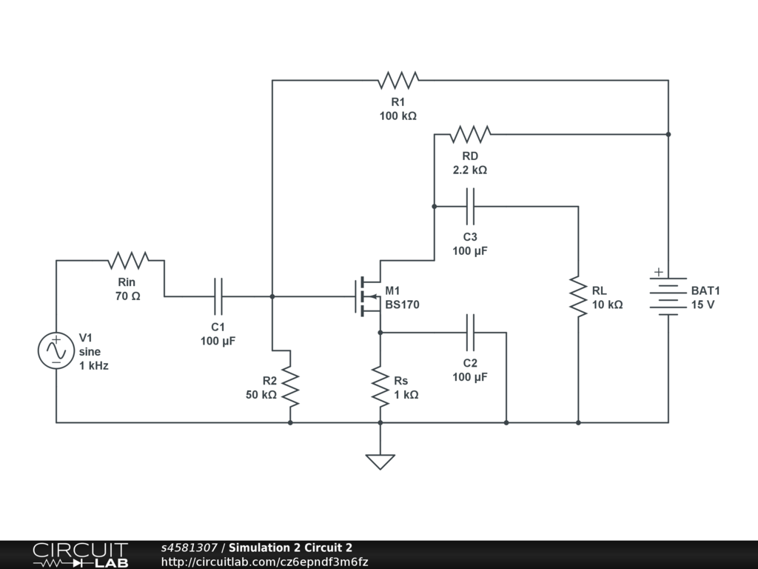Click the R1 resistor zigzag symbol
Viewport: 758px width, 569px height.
[398, 80]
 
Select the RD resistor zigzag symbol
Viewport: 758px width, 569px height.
[470, 134]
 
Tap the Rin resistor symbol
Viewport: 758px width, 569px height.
[128, 260]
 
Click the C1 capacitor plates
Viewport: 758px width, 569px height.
[218, 296]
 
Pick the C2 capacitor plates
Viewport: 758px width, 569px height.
[470, 333]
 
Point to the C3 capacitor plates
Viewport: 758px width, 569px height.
[470, 206]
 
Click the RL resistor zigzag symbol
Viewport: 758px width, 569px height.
[578, 296]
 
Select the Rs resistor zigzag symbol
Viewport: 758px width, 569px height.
[380, 387]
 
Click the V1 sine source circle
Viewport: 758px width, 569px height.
[56, 350]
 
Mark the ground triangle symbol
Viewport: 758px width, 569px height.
[380, 462]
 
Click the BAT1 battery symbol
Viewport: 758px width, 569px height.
[668, 296]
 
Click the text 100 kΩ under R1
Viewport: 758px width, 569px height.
[398, 116]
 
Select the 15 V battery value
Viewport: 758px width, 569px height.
[702, 305]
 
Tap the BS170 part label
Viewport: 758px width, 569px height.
[402, 305]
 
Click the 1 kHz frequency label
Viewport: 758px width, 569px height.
[94, 366]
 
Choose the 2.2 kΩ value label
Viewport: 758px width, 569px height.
[470, 170]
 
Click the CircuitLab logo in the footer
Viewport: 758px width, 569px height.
[80, 555]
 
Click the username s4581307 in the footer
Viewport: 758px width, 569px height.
[189, 548]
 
